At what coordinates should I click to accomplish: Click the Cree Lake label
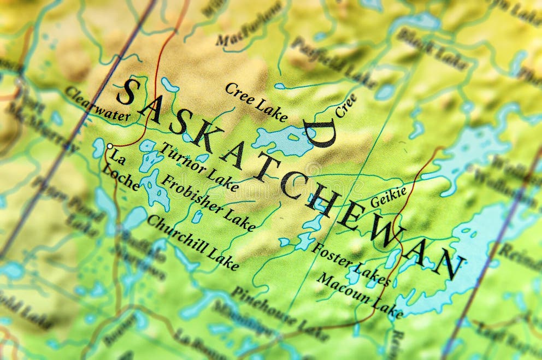tap(256, 102)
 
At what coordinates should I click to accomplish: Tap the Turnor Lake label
tap(199, 168)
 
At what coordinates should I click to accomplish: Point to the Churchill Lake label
tap(192, 242)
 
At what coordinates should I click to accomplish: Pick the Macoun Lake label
tap(360, 295)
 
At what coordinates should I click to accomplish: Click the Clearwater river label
tap(97, 104)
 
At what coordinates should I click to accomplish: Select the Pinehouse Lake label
tap(279, 313)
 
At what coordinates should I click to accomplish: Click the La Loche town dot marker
tap(110, 146)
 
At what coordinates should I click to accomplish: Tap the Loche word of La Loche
tap(121, 177)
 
